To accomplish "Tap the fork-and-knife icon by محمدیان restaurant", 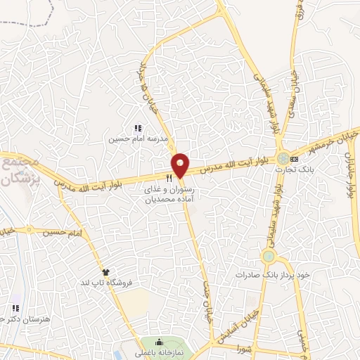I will click(x=169, y=177).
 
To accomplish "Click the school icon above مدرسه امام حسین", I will click(x=138, y=128).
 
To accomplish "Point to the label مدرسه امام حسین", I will click(x=138, y=139).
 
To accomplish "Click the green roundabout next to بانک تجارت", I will click(x=283, y=158).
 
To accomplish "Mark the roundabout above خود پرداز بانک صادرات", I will click(x=269, y=256).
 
